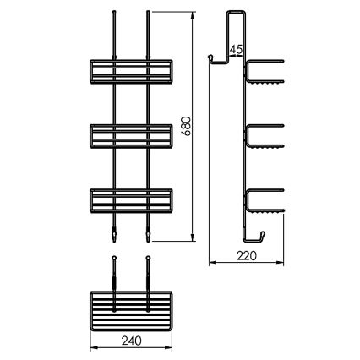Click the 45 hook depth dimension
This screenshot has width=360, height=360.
point(236,50)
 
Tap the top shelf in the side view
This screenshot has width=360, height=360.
point(265,72)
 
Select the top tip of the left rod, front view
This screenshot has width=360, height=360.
point(112,13)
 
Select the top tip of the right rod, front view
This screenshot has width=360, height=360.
point(149,13)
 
